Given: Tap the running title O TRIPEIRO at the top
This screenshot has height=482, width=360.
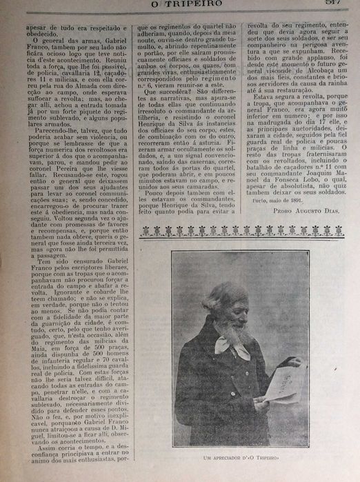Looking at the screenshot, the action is click(x=181, y=5).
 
